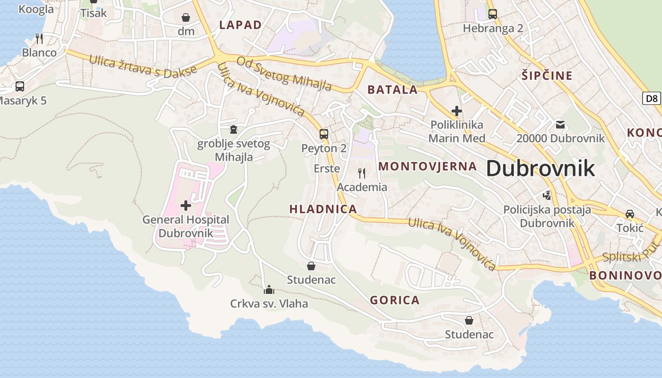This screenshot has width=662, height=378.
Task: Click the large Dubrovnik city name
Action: [540, 168]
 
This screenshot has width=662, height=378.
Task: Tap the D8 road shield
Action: [652, 98]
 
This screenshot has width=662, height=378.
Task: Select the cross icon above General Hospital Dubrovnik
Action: [186, 206]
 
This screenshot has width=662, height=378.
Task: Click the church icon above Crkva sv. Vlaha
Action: [269, 289]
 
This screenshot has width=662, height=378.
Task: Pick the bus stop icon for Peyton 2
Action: [324, 134]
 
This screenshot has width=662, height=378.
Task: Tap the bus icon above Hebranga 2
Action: [493, 14]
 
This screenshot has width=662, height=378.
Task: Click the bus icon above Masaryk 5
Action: [20, 86]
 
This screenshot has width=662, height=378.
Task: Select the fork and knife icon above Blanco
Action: [39, 38]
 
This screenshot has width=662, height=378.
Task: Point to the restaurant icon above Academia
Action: [362, 173]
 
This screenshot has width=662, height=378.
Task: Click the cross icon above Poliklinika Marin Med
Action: [456, 111]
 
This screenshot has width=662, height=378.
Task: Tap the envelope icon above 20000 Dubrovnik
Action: [560, 125]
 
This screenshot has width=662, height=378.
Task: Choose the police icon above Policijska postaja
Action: [547, 195]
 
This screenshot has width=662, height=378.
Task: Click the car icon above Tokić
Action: [630, 214]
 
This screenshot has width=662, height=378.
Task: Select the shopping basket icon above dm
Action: [186, 17]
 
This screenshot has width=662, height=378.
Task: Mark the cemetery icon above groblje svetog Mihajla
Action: [233, 129]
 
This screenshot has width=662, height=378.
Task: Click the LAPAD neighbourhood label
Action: [240, 25]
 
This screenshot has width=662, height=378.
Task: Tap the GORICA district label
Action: [394, 300]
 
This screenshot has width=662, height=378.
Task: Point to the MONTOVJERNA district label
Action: [427, 166]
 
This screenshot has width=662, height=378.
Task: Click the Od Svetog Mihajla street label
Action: [284, 73]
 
